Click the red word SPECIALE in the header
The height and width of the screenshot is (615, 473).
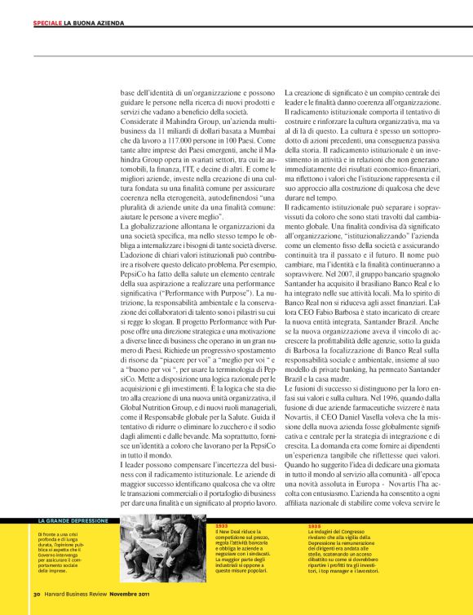pyautogui.click(x=47, y=22)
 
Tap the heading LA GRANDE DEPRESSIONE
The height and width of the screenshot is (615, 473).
pyautogui.click(x=73, y=520)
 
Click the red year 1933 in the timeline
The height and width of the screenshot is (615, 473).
pyautogui.click(x=222, y=526)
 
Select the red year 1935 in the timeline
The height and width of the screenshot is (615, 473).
pyautogui.click(x=315, y=526)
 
